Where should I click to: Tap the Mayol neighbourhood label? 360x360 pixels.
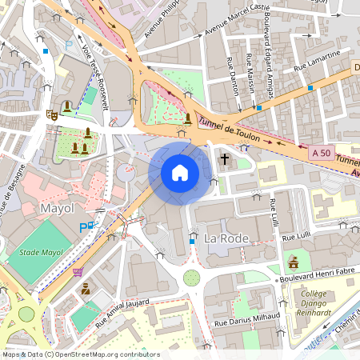(x=56, y=209)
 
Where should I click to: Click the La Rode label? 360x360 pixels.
(x=228, y=239)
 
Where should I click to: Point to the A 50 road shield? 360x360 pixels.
(x=321, y=152)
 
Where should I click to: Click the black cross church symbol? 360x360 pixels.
(x=225, y=159)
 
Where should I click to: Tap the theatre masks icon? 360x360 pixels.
(x=52, y=114)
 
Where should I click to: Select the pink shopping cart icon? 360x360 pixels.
(x=78, y=272)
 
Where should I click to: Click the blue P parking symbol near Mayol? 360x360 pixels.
(x=84, y=228)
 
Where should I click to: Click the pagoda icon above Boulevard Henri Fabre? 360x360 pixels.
(x=293, y=261)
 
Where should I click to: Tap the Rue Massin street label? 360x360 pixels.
(x=251, y=72)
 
